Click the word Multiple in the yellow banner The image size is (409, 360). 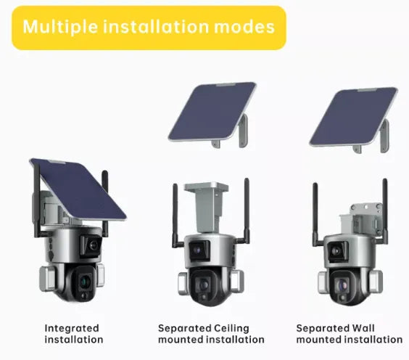click(60, 27)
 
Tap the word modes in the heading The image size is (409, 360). click(244, 27)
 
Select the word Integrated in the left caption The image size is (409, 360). click(72, 328)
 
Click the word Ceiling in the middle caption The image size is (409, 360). click(231, 328)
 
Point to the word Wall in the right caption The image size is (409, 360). click(363, 328)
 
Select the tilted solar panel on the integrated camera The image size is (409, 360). click(78, 189)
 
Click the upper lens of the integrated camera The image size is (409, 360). click(93, 245)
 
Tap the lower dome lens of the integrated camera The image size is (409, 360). click(83, 282)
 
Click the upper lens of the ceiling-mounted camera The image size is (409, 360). click(197, 250)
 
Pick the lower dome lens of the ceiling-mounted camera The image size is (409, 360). click(204, 285)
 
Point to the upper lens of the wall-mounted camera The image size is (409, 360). click(336, 251)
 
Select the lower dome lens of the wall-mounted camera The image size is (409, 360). click(342, 285)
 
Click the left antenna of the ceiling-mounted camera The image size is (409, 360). click(175, 216)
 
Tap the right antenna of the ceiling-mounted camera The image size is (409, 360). click(246, 211)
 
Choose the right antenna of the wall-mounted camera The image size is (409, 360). click(384, 211)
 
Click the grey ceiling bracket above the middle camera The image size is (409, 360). click(207, 206)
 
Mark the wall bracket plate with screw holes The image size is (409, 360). click(366, 210)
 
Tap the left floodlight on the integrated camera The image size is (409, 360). click(47, 279)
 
